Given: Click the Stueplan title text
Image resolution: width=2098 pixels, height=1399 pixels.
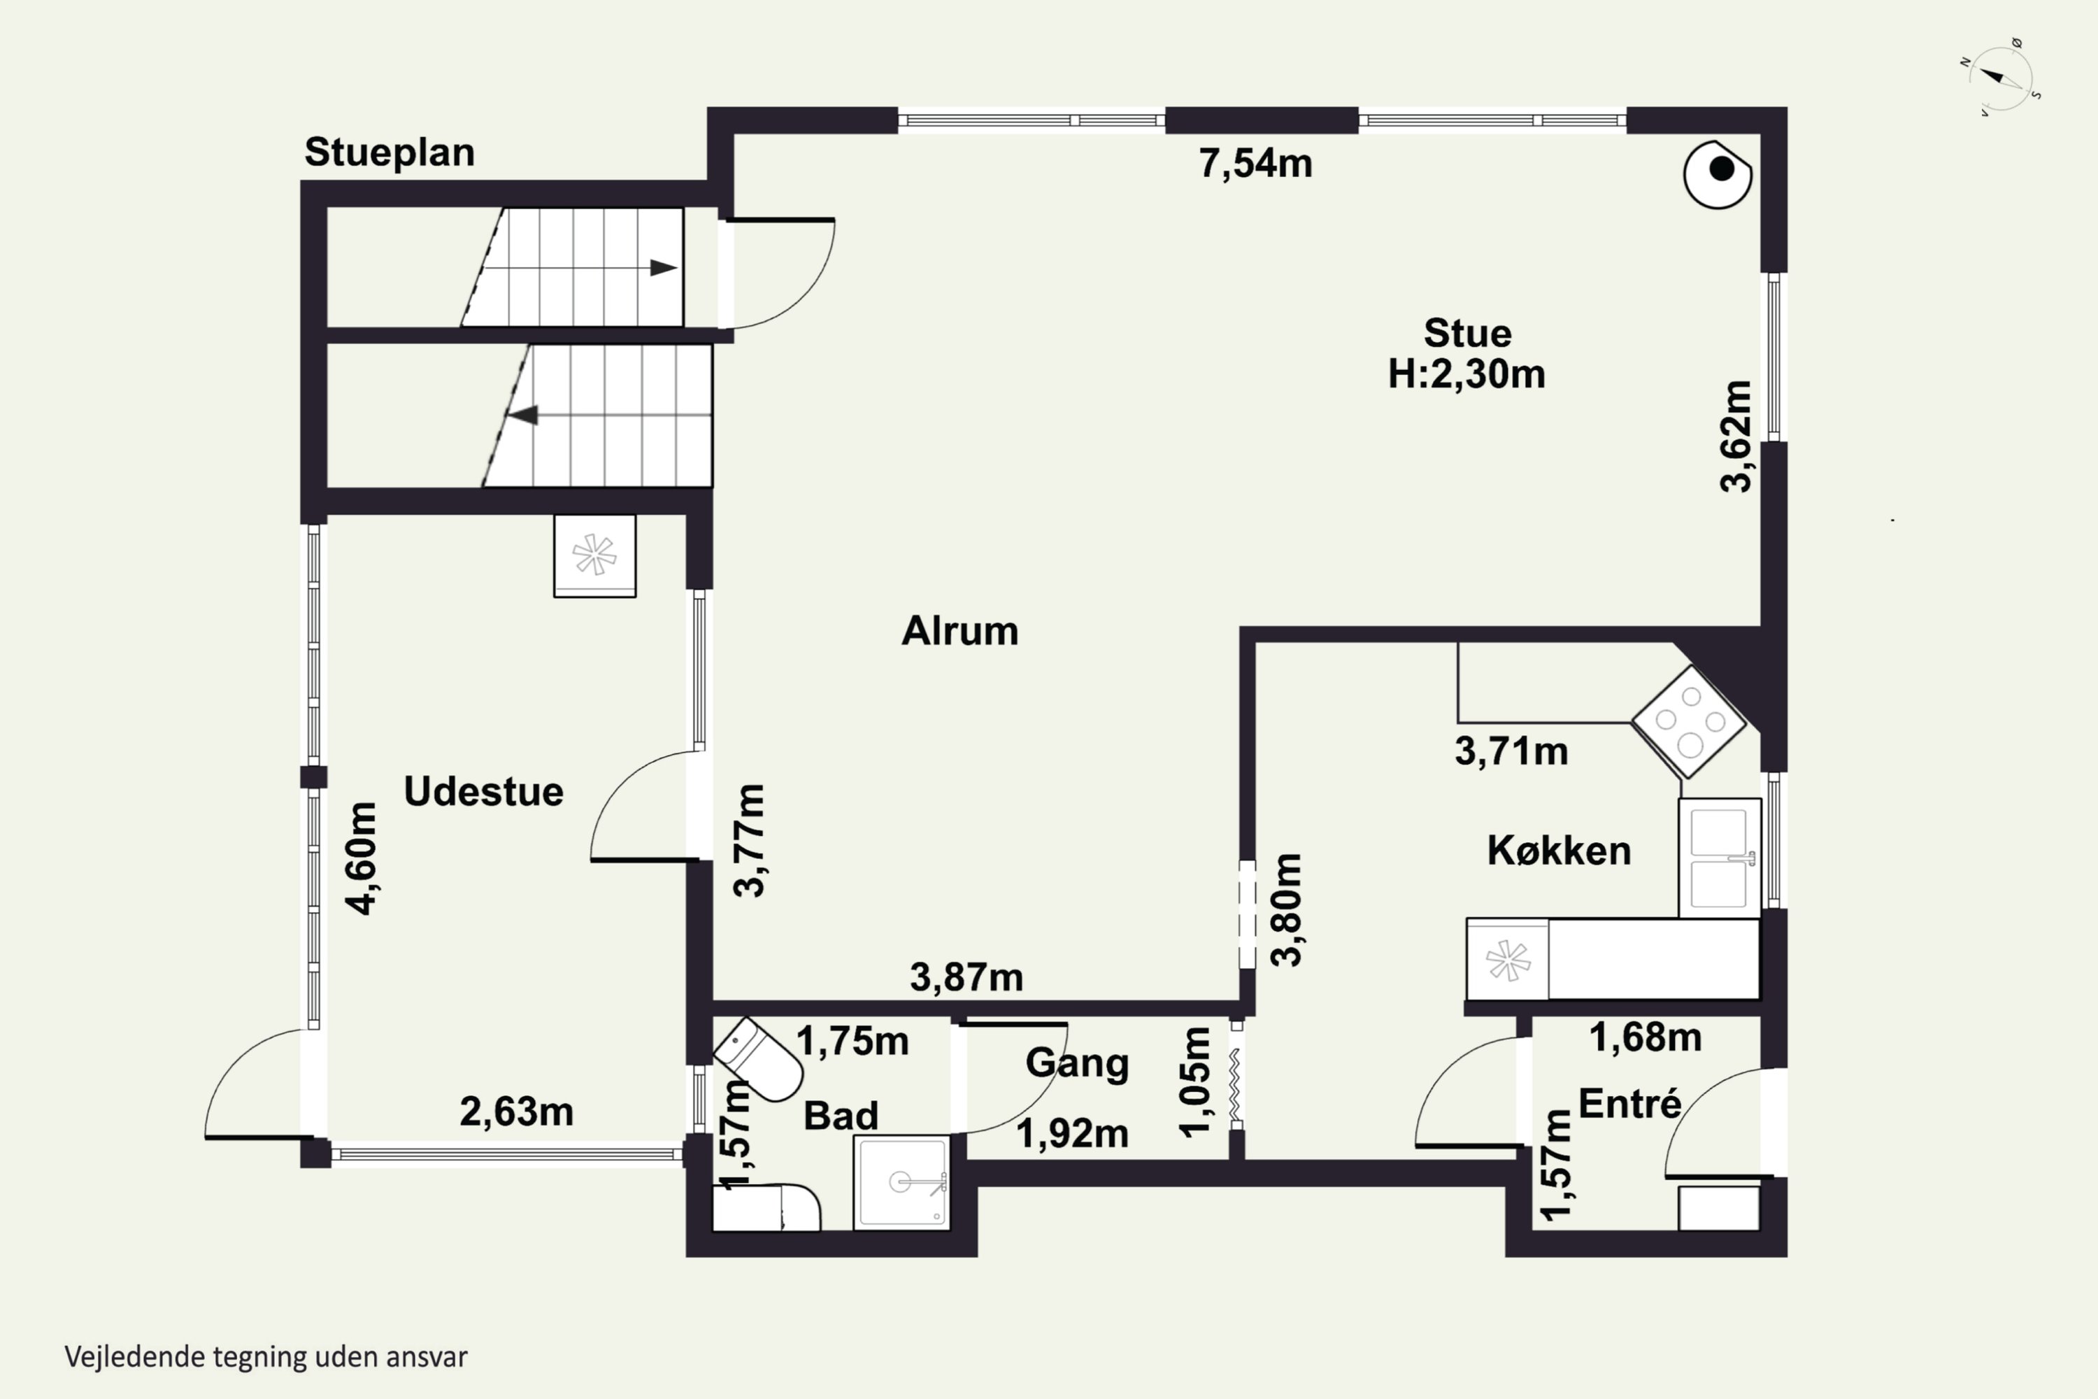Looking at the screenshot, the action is pos(389,152).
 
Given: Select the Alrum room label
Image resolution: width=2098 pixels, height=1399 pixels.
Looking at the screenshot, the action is pos(959,631).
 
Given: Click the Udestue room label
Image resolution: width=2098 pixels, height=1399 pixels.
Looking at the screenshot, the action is pos(483,791).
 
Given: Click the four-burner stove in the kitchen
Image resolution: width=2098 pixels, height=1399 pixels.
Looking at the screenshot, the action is pos(1687,721).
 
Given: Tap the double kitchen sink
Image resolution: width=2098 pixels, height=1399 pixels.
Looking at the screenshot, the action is pos(1719,858).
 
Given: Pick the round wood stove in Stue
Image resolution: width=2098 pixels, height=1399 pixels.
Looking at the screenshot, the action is pos(1717,175).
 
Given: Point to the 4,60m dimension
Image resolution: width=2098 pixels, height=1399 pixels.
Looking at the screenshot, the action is pos(362,858).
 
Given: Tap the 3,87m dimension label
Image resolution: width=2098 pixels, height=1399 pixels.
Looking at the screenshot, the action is pos(966,978).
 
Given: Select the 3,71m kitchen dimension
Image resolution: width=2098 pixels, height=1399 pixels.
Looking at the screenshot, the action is pos(1511,751).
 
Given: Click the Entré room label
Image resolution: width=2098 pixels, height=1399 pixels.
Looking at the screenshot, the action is pos(1629,1104).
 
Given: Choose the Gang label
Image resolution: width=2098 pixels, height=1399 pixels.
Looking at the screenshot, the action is pos(1078,1063).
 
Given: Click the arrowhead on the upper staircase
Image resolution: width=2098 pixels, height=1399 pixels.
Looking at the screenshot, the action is pos(664,268).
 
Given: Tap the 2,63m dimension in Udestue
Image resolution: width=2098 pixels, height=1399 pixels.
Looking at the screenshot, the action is pos(517,1112).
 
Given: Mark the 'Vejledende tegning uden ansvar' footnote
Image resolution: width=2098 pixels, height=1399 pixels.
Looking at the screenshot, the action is pos(266,1357).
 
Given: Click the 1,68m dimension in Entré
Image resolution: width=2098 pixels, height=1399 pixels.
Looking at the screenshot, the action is pos(1646,1037).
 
